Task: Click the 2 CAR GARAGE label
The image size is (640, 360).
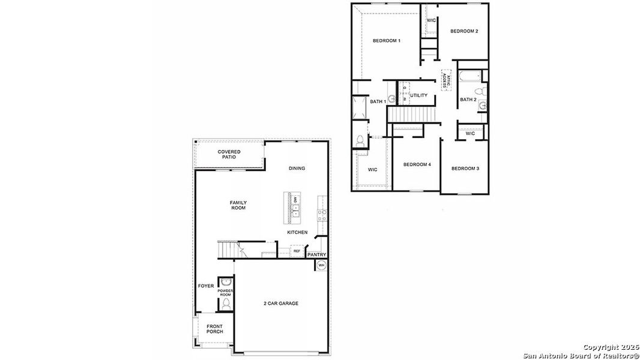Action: click(x=280, y=303)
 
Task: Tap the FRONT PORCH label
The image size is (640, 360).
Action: click(x=214, y=329)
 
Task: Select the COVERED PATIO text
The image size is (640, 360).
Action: click(x=229, y=154)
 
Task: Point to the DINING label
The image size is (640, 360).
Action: click(x=297, y=168)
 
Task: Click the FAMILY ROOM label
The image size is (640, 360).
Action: click(x=238, y=205)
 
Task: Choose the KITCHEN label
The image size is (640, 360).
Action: click(x=297, y=232)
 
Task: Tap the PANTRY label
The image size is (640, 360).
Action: click(x=316, y=254)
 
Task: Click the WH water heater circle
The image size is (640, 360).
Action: click(x=321, y=265)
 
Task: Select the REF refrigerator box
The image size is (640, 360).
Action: click(x=297, y=251)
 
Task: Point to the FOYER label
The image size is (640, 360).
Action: click(x=206, y=286)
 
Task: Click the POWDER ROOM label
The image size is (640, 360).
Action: click(x=225, y=293)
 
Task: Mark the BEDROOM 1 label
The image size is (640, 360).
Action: click(x=387, y=40)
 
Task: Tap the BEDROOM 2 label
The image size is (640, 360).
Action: click(x=464, y=31)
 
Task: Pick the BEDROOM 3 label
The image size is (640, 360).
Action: click(x=465, y=169)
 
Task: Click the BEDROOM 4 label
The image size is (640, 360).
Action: click(x=417, y=164)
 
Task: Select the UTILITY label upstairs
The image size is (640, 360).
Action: click(x=419, y=95)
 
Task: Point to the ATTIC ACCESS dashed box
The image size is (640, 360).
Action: click(x=445, y=80)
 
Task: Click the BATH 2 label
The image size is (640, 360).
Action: click(x=468, y=99)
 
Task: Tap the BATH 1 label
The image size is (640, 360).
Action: click(x=378, y=101)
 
